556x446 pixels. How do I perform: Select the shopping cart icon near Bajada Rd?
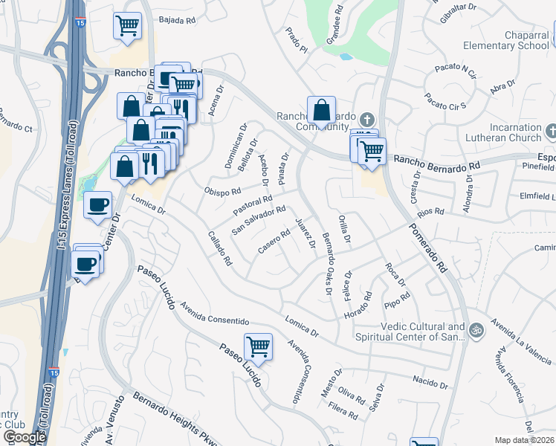pyautogui.click(x=127, y=26)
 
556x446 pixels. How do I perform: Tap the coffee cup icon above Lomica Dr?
pyautogui.click(x=97, y=206)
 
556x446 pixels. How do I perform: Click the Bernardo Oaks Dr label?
pyautogui.click(x=328, y=265)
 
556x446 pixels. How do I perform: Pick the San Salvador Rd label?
pyautogui.click(x=259, y=220)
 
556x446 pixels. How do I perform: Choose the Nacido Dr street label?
pyautogui.click(x=430, y=382)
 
